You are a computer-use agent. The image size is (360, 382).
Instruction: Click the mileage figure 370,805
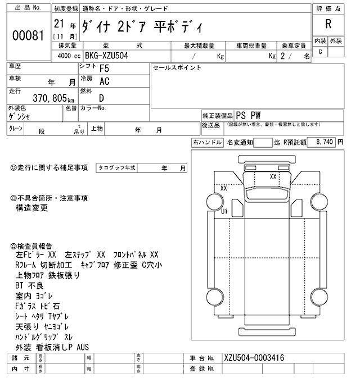[x=37, y=97]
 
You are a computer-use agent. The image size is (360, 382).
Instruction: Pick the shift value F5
[x=104, y=70]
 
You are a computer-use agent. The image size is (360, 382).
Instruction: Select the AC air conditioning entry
[x=104, y=81]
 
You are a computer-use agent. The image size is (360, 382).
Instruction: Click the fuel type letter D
[x=102, y=98]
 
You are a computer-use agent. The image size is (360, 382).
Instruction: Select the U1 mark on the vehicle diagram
[x=224, y=211]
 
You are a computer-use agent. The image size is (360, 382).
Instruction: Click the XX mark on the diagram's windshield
[x=273, y=176]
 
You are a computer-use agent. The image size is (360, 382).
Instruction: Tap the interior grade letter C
[x=320, y=52]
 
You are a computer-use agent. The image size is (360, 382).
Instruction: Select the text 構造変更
[x=32, y=208]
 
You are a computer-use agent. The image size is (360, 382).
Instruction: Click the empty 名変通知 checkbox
[x=262, y=143]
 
